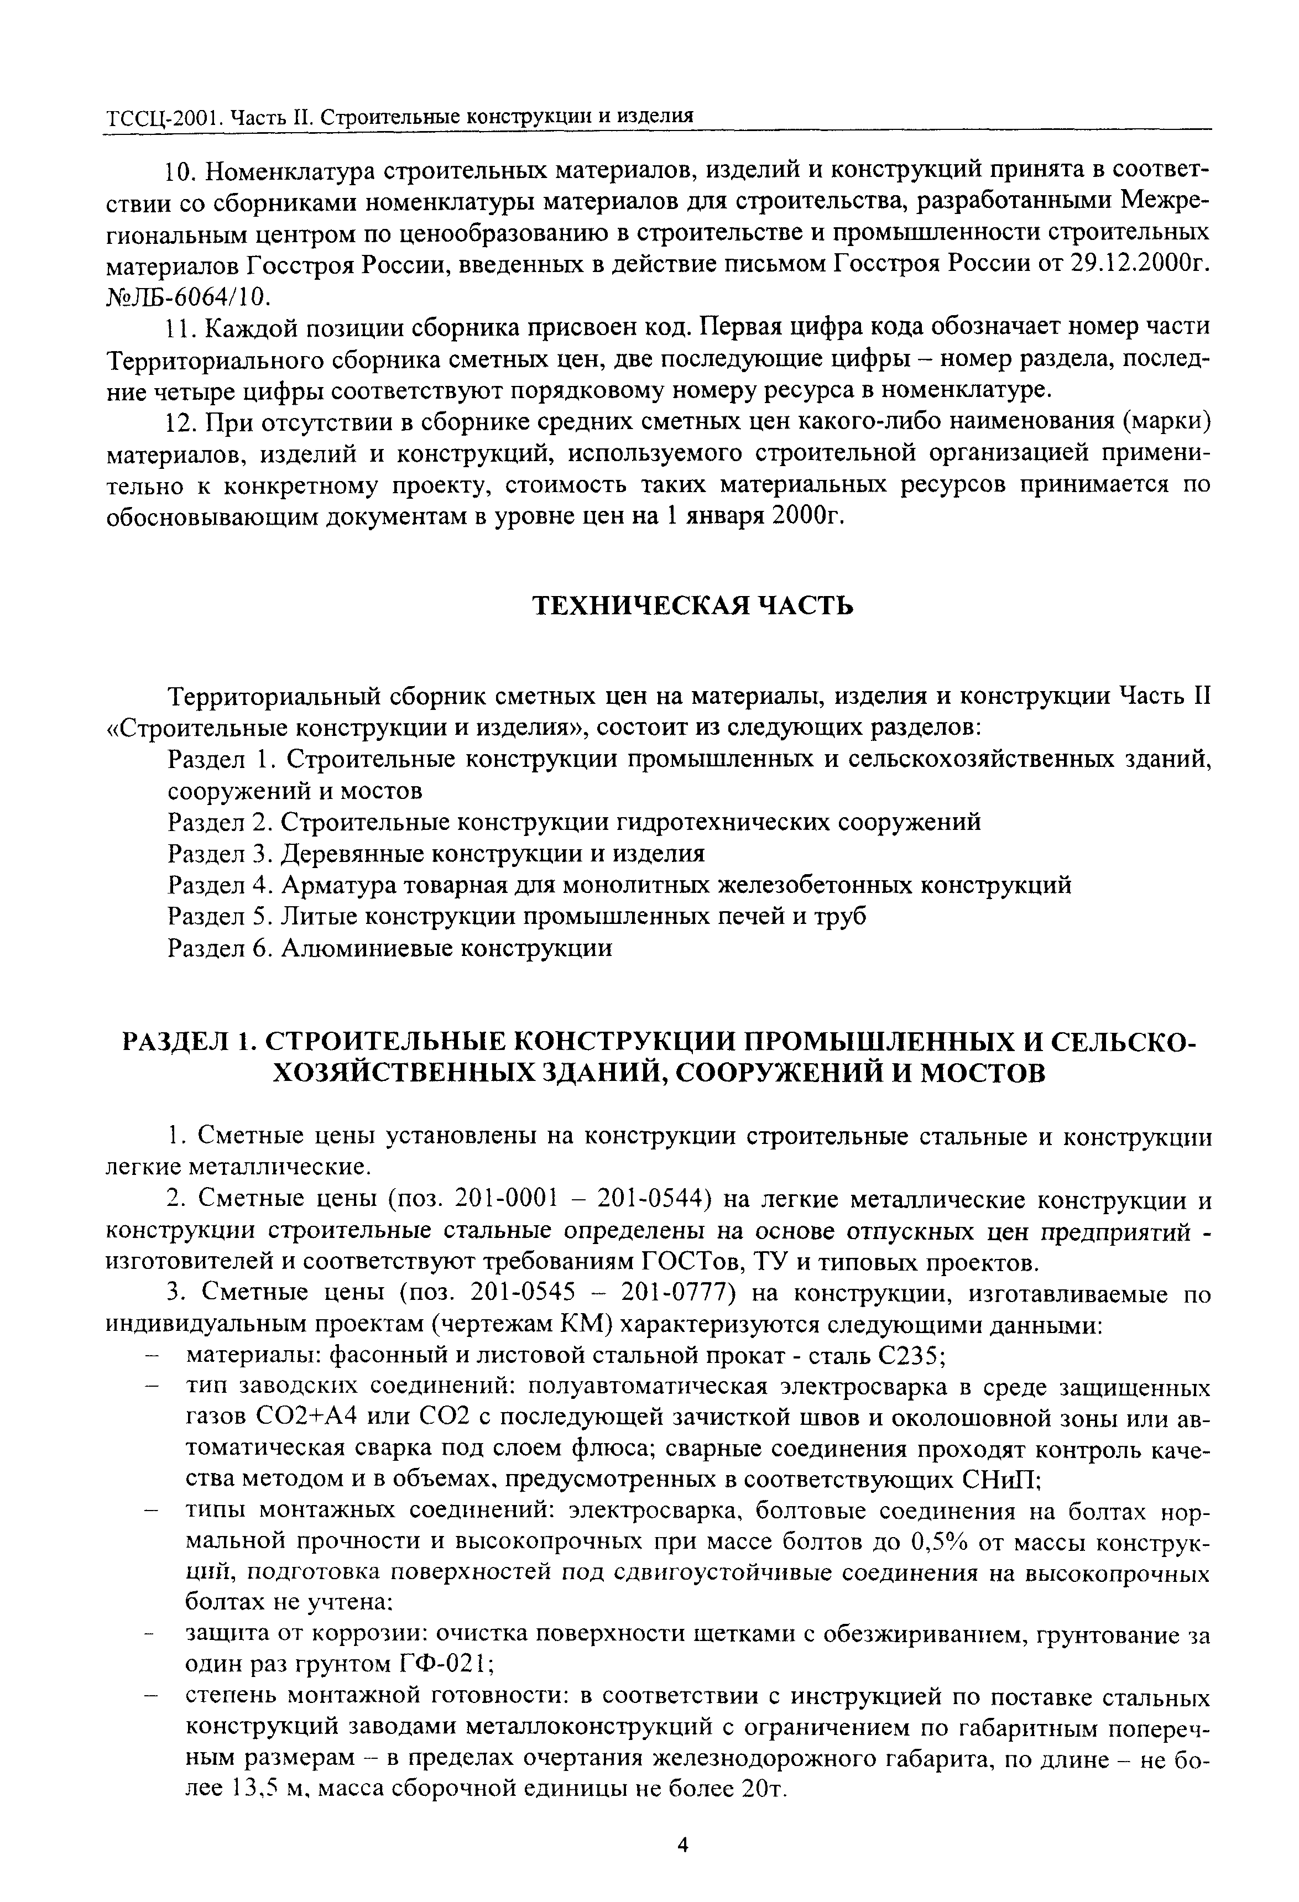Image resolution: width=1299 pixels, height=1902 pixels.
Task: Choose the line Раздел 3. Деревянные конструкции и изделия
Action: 435,854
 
